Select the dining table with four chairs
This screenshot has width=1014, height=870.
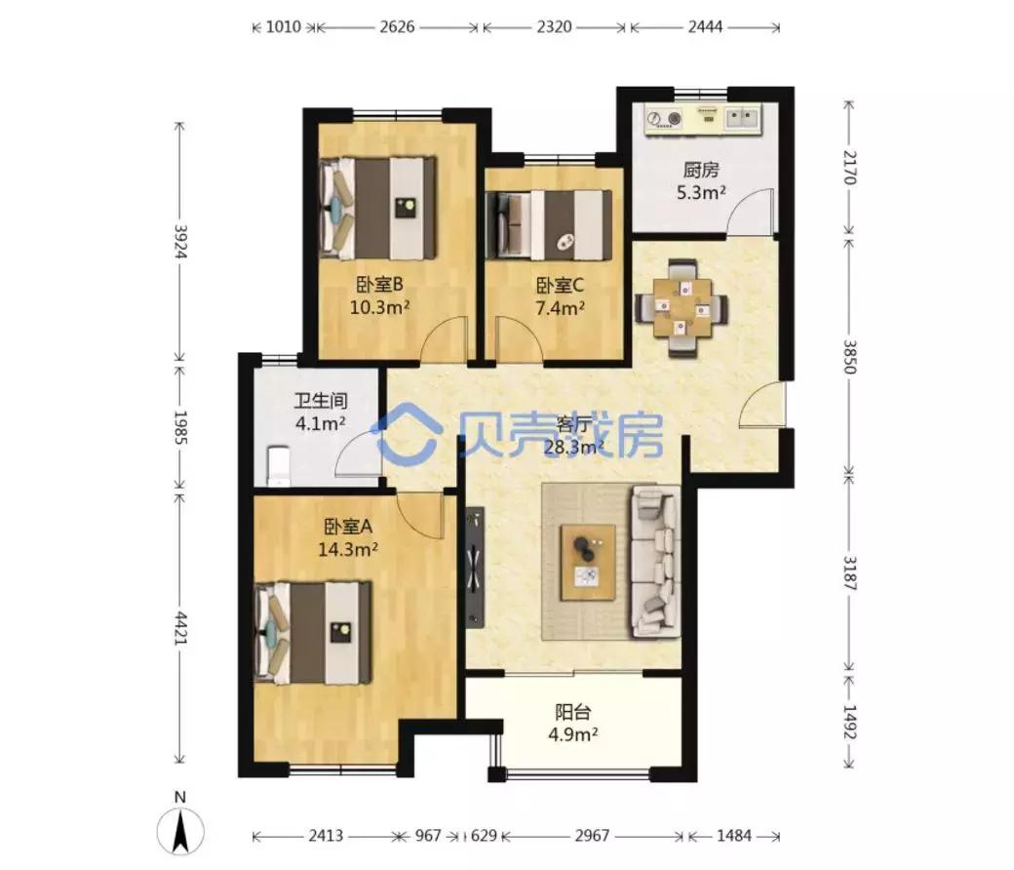682,307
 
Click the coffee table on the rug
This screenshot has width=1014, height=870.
588,562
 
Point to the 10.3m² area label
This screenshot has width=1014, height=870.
379,306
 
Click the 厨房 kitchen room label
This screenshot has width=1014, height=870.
701,170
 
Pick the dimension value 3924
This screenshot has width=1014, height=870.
179,242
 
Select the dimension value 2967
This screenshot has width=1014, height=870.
592,836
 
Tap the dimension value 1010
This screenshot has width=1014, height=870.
284,26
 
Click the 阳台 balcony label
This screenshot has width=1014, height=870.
573,712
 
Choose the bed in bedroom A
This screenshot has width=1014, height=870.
314,633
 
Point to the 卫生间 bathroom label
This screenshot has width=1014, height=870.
321,401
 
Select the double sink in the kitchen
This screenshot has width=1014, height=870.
742,117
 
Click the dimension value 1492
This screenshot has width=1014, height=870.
849,722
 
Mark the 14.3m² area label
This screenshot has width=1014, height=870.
348,550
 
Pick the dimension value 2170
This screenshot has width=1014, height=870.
849,168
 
